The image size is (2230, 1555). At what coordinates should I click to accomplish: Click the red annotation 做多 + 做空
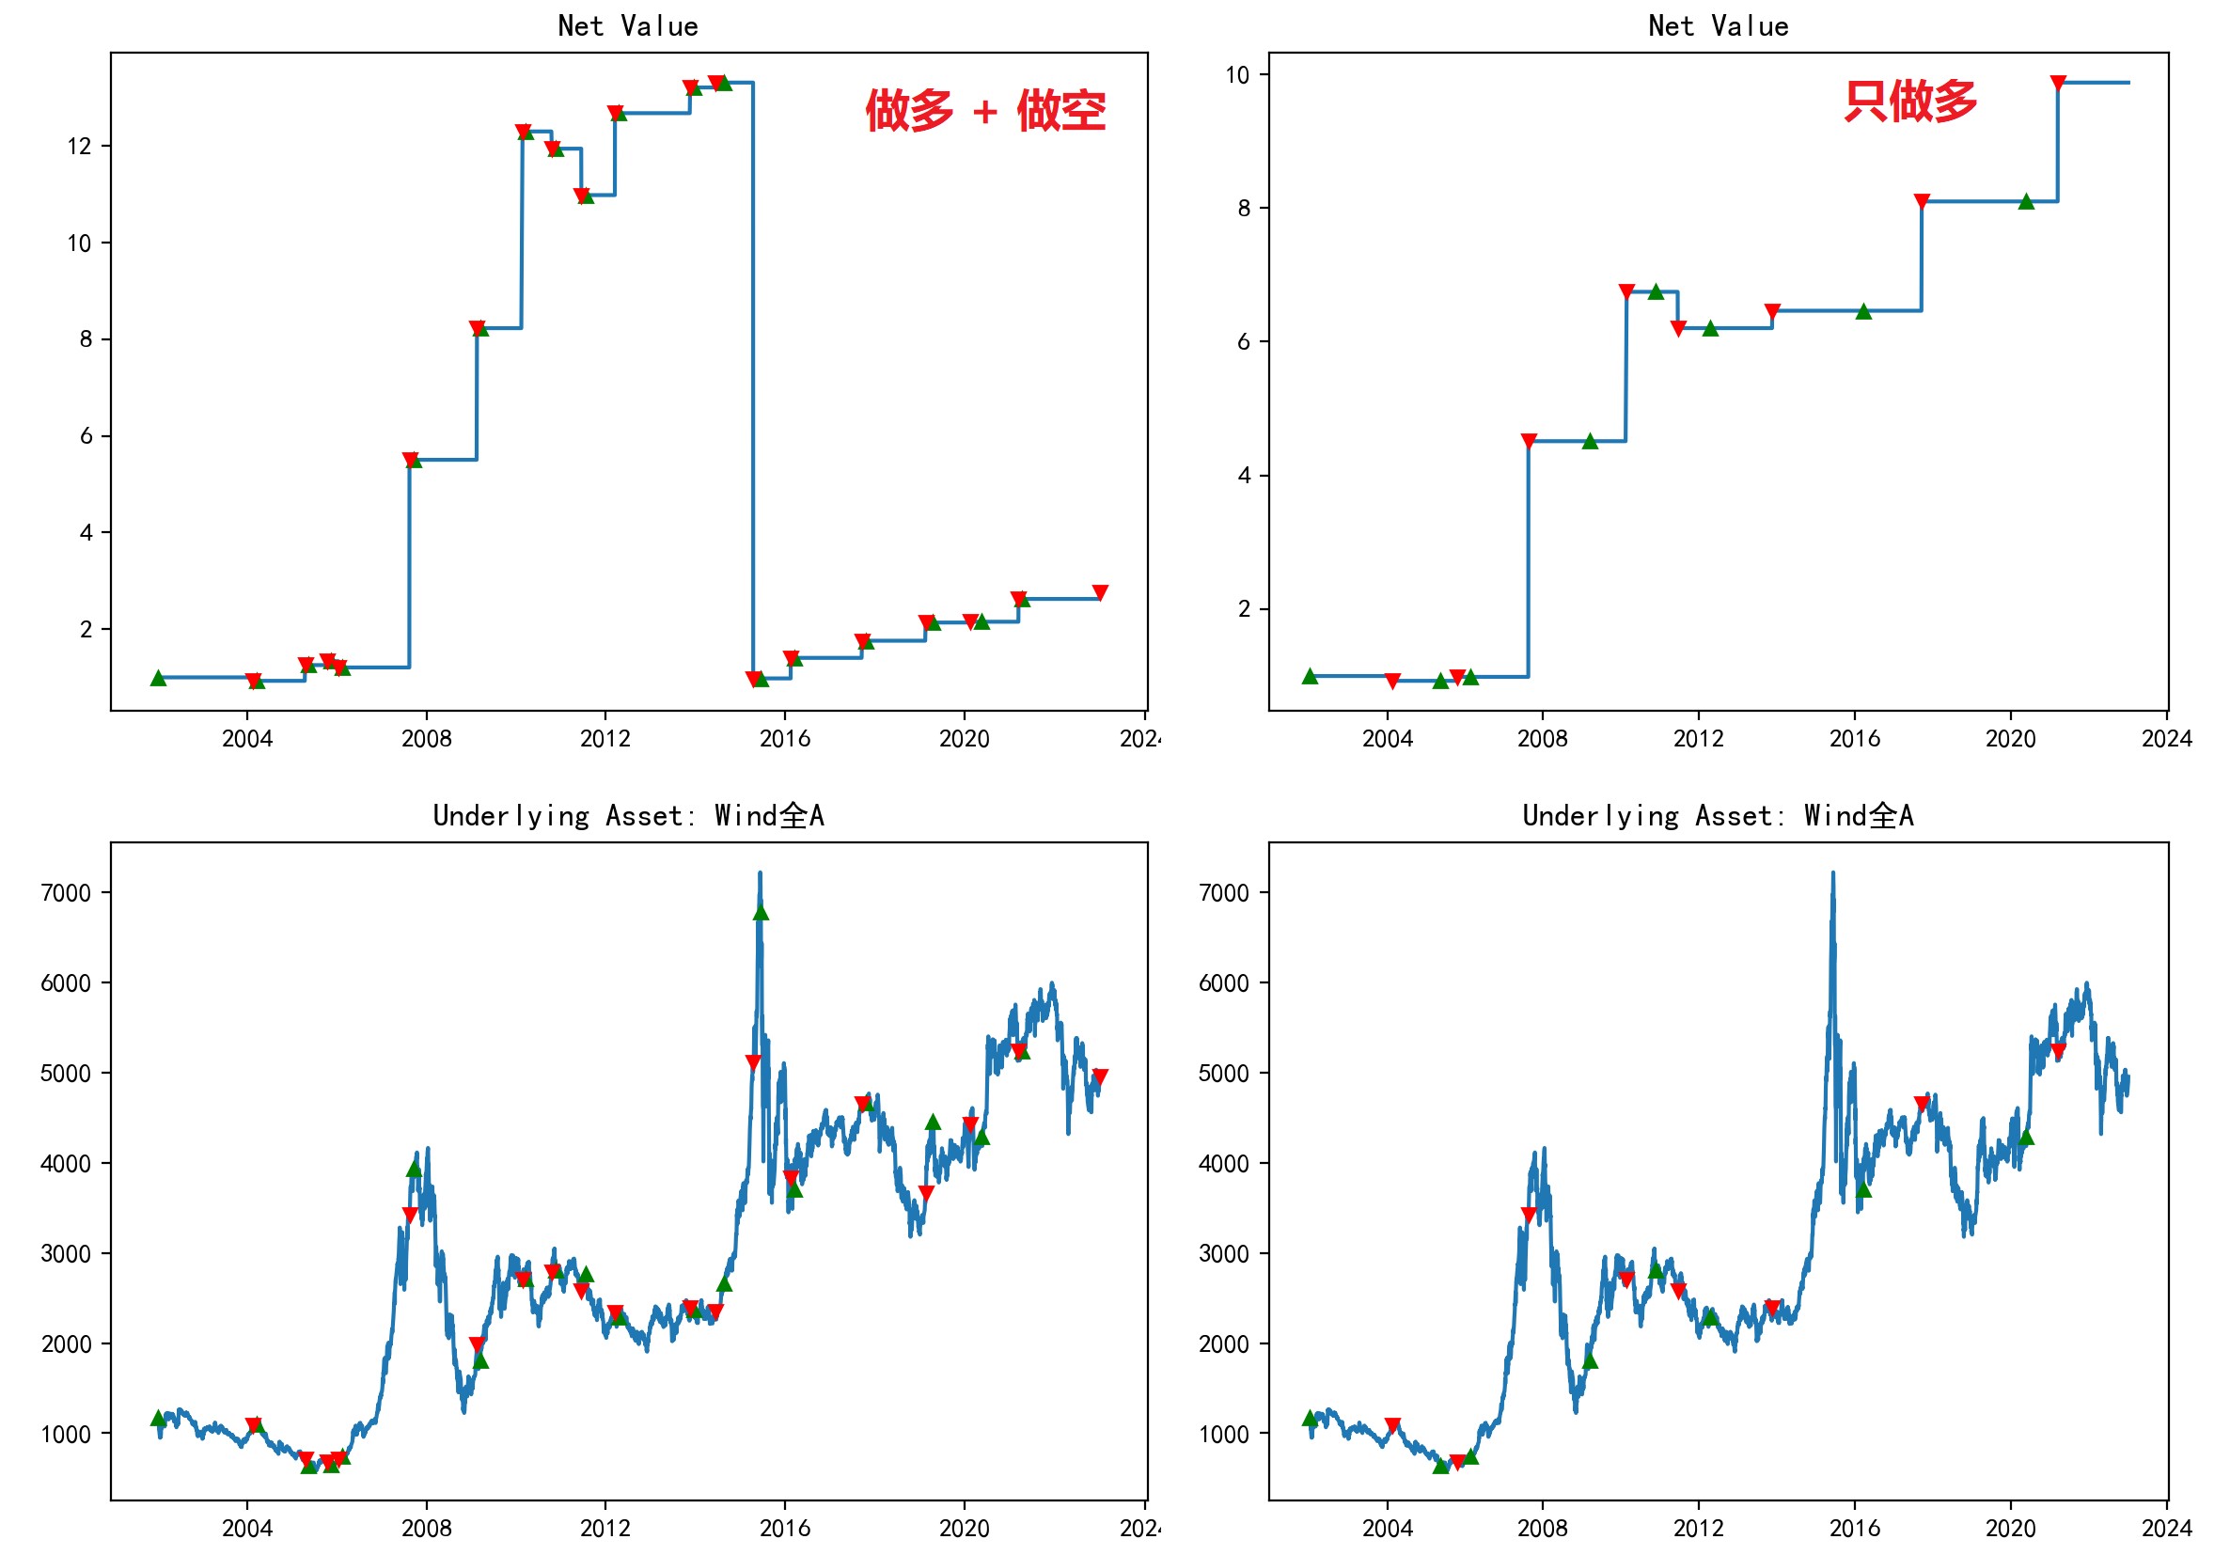click(x=985, y=111)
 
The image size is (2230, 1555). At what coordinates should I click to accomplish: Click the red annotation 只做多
click(x=1909, y=101)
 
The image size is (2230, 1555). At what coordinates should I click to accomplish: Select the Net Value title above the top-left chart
click(x=627, y=26)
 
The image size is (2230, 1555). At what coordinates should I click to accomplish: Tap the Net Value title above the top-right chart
click(x=1718, y=26)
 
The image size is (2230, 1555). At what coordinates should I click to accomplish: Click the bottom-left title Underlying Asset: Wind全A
click(x=627, y=815)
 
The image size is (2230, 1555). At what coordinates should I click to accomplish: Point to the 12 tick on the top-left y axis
click(x=80, y=147)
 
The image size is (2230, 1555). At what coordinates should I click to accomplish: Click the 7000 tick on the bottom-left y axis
click(x=66, y=892)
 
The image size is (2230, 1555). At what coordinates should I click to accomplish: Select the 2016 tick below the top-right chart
click(x=1854, y=739)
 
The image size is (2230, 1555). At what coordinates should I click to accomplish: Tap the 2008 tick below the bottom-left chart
click(x=427, y=1528)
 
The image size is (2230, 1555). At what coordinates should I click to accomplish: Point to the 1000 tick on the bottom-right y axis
click(x=1224, y=1435)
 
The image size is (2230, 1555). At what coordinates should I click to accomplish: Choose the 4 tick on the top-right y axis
click(x=1243, y=476)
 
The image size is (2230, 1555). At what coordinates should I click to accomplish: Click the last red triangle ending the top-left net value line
click(x=1099, y=592)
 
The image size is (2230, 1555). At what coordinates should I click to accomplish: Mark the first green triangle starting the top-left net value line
click(x=158, y=678)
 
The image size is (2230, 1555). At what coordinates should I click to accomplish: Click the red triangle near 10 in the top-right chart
click(x=2057, y=84)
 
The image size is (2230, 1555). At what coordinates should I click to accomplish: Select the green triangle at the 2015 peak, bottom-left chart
click(x=761, y=912)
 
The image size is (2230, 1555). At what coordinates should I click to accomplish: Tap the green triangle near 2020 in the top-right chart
click(x=2026, y=202)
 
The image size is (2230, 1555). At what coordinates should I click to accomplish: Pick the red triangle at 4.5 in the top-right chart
click(x=1529, y=442)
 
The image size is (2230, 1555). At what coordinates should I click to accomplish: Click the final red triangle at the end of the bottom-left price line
click(x=1099, y=1076)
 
